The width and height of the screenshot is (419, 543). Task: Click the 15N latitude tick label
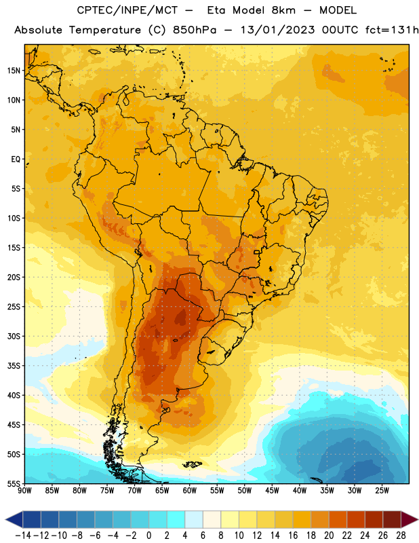point(14,71)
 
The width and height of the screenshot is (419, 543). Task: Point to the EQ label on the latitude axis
point(16,160)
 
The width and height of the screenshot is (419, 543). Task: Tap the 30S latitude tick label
point(14,336)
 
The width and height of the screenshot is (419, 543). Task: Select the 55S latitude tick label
point(14,483)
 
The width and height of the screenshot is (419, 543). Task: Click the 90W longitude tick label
point(24,491)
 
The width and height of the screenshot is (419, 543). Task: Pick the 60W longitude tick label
point(190,491)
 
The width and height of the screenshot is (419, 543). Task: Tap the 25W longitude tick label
point(382,491)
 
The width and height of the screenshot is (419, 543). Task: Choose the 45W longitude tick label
point(272,491)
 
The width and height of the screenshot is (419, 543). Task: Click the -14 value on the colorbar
point(23,536)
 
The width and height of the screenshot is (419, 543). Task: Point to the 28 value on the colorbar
point(401,536)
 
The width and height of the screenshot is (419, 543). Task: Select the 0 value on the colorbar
point(148,536)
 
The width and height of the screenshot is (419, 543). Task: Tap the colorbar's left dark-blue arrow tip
point(6,520)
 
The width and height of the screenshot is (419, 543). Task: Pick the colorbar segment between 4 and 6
point(194,520)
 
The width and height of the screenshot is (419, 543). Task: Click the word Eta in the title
point(216,10)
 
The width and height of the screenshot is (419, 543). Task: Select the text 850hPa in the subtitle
point(195,30)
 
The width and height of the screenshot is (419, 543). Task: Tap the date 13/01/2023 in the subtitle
point(278,30)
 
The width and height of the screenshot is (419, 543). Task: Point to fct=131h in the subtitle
point(392,30)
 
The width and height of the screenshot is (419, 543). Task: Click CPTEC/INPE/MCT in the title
point(127,10)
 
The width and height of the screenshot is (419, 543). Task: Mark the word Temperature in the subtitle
point(105,31)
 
